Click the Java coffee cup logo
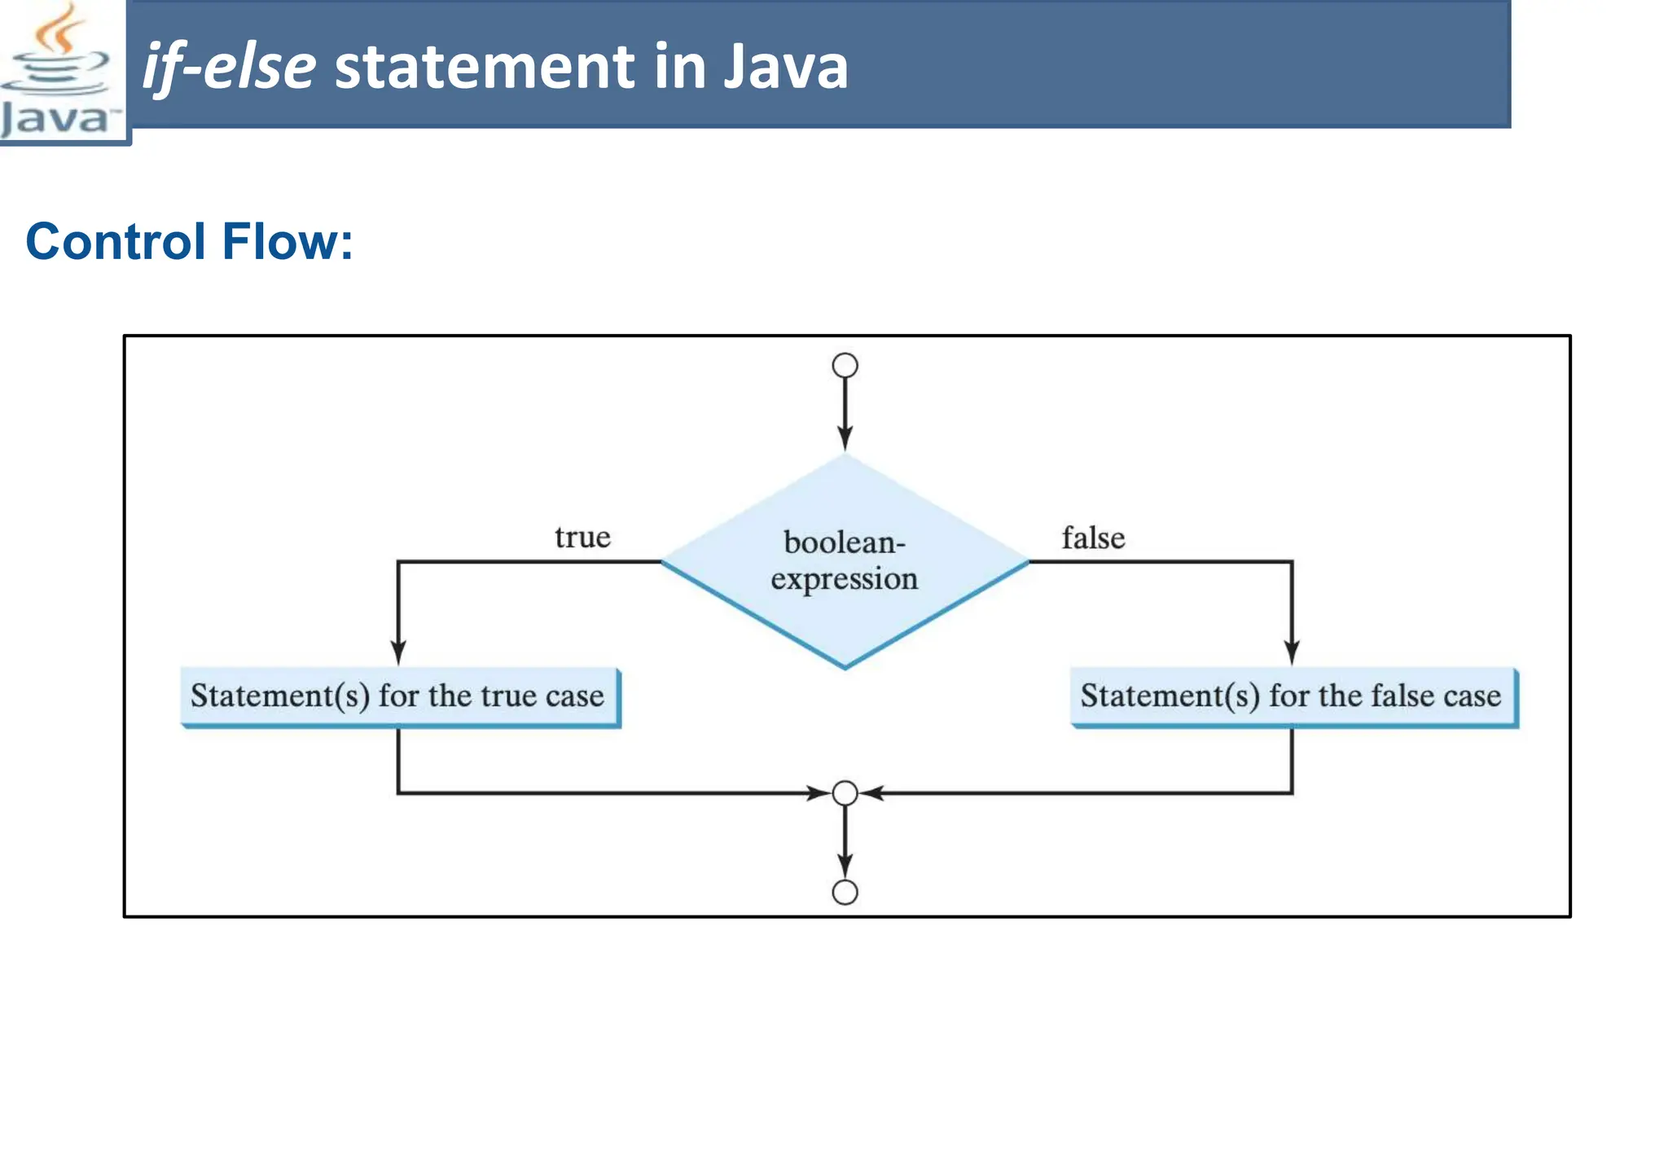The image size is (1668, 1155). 59,72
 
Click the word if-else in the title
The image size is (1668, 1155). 229,67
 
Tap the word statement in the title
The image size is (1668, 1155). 485,67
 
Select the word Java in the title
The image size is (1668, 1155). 786,67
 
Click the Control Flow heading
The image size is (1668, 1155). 189,242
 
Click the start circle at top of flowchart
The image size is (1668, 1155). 845,365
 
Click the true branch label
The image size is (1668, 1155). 582,538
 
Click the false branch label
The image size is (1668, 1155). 1093,538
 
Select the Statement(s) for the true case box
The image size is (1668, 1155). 399,696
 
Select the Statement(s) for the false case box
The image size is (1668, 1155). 1293,696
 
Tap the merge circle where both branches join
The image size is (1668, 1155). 845,793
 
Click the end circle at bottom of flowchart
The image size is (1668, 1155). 845,892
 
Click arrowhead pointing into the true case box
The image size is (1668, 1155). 398,652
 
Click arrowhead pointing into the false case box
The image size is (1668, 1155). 1292,652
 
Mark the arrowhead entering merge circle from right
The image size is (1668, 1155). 872,793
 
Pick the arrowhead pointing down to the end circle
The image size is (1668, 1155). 845,865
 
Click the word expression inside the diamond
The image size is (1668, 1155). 845,579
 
